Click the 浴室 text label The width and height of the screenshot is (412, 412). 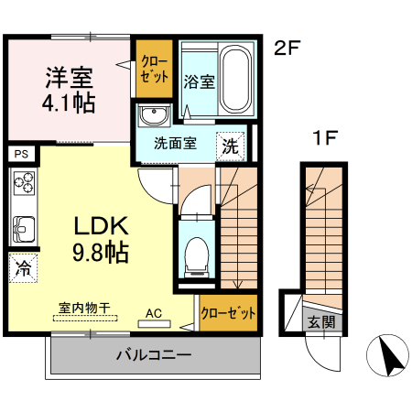tap(200, 82)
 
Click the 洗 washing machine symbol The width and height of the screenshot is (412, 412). tap(230, 145)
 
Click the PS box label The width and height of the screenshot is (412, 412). tap(21, 154)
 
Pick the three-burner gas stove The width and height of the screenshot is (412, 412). tap(22, 186)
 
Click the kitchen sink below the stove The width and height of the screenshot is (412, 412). tap(22, 227)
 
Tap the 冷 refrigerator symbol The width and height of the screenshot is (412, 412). tap(21, 268)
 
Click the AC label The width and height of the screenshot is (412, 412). tap(154, 313)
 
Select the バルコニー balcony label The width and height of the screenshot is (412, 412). tap(153, 354)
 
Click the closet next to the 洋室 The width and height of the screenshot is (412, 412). tap(154, 70)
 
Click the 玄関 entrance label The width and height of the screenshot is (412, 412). tap(320, 322)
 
